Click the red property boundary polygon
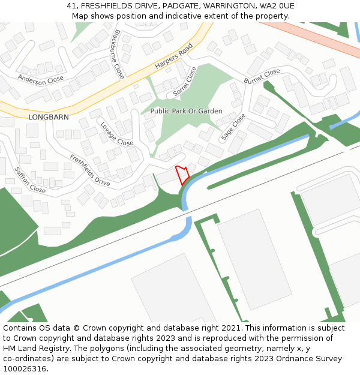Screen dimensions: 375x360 tap(182, 175)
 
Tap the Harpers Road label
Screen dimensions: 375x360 tap(173, 56)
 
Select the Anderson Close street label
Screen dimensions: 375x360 tap(40, 79)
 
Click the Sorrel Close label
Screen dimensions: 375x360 tap(184, 82)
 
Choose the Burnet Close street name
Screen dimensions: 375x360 tap(262, 76)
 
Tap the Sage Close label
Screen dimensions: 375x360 tap(233, 127)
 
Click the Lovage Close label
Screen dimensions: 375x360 tap(116, 134)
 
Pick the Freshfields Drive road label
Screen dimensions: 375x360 tap(89, 170)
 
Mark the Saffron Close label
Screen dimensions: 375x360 tap(29, 180)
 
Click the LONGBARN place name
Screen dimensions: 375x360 tap(49, 118)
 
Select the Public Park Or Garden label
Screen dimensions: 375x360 tap(186, 111)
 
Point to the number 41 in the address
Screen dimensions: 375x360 tap(71, 6)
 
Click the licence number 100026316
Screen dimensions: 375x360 tap(25, 368)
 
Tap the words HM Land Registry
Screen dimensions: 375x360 tap(33, 349)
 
